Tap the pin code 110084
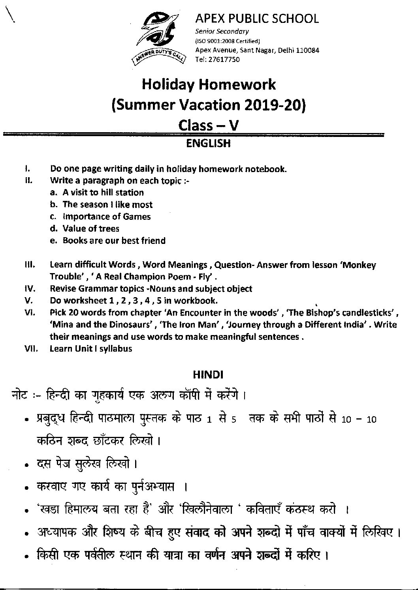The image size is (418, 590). click(x=307, y=50)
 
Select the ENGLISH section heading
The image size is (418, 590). click(x=208, y=143)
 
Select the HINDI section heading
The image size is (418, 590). click(x=208, y=374)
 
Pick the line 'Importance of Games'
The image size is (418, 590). click(x=106, y=217)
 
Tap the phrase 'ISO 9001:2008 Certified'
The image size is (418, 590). click(x=228, y=41)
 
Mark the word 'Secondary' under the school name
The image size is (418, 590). click(x=235, y=32)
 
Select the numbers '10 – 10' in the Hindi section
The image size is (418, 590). click(x=359, y=419)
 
